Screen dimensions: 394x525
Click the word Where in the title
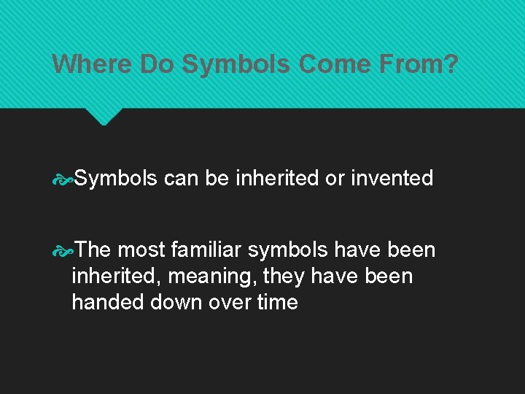pyautogui.click(x=92, y=64)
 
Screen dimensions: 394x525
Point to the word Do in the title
pyautogui.click(x=157, y=64)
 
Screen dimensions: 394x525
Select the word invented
pyautogui.click(x=392, y=178)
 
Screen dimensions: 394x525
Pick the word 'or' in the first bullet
pyautogui.click(x=335, y=178)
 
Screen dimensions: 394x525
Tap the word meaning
pyautogui.click(x=215, y=277)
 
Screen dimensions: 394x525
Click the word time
pyautogui.click(x=278, y=302)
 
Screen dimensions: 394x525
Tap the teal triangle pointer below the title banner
pyautogui.click(x=104, y=116)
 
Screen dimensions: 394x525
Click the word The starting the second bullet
pyautogui.click(x=92, y=250)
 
